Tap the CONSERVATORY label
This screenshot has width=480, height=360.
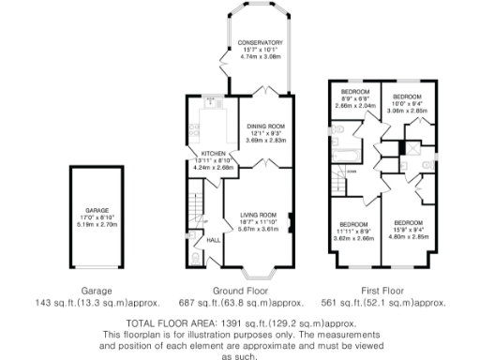(x=262, y=43)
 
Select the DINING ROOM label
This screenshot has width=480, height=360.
(x=263, y=124)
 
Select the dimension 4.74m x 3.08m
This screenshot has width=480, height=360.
(x=262, y=57)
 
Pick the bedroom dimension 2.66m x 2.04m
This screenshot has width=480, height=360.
(x=354, y=106)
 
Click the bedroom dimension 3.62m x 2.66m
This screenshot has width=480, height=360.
(x=354, y=237)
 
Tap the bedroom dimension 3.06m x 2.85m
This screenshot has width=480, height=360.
(x=408, y=111)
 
